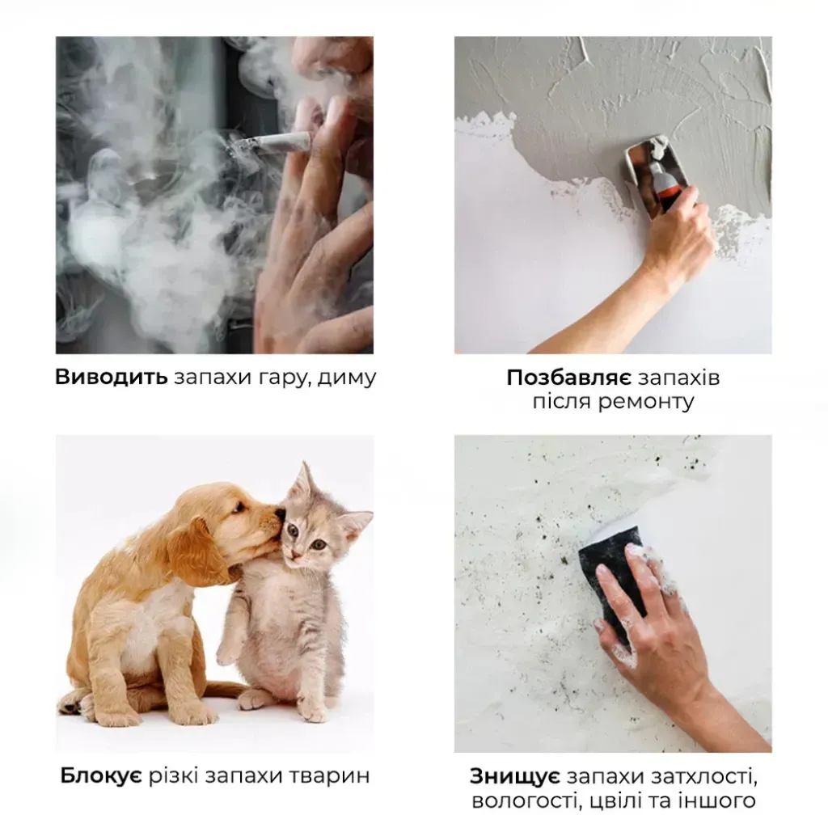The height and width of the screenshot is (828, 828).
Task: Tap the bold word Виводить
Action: pos(111,377)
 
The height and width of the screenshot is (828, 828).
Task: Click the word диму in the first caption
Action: pos(347,378)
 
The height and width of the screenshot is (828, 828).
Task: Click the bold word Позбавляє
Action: pos(568,378)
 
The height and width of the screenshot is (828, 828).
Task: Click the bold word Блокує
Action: pos(100,775)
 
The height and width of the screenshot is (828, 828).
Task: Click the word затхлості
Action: pos(701,777)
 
